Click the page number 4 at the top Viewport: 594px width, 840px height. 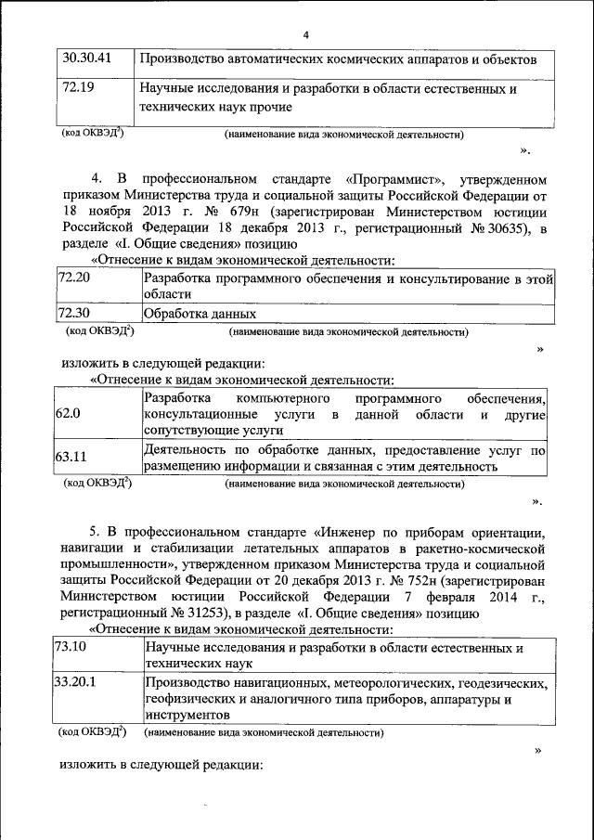click(304, 35)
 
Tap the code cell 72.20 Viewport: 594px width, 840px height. click(74, 278)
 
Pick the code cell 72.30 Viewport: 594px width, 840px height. click(74, 313)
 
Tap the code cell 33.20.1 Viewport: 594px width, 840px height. click(79, 683)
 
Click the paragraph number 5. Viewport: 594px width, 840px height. click(94, 531)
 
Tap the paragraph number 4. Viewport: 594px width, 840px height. click(95, 177)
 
